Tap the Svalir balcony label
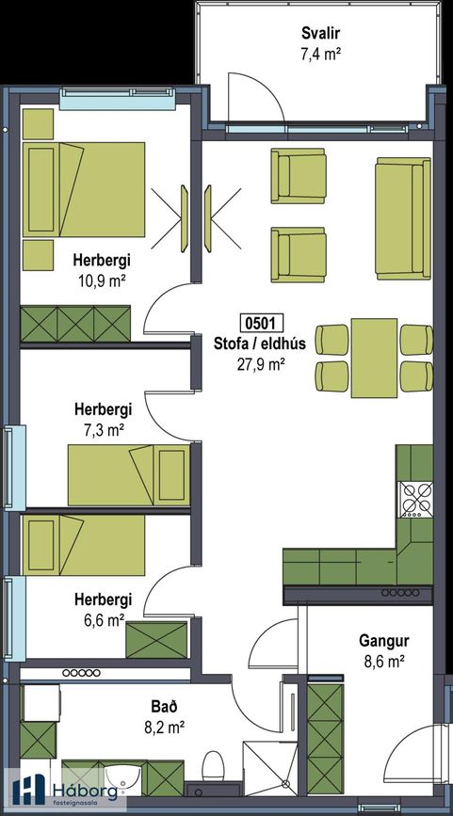point(321,34)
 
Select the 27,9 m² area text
point(260,364)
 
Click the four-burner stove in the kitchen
point(415,500)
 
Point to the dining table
point(374,358)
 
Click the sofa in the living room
point(403,218)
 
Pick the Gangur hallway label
point(384,641)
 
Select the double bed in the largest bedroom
point(83,189)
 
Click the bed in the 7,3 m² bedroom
point(129,475)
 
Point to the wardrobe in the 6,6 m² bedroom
point(156,640)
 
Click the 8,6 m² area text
point(383,662)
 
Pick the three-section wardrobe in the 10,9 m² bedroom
point(75,324)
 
